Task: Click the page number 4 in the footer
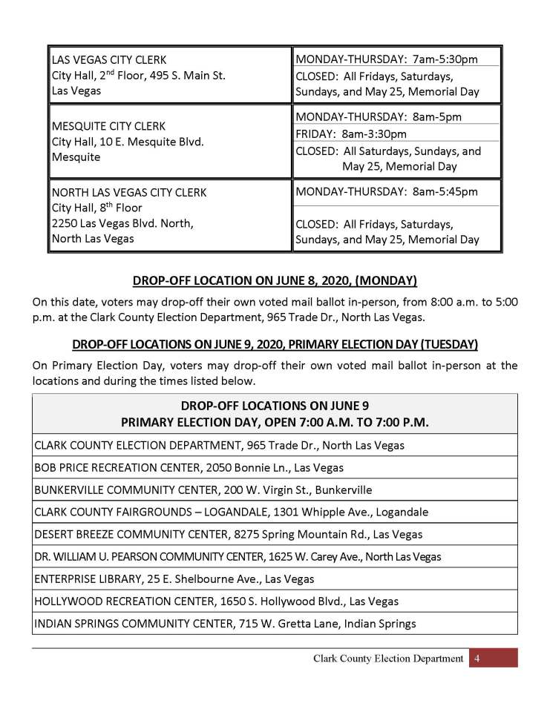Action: coord(477,659)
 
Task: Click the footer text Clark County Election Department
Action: coord(388,659)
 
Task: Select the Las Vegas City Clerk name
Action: coord(109,59)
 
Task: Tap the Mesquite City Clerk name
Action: coord(108,125)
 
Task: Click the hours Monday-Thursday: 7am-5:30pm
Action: coord(387,59)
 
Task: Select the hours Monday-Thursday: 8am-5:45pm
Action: coord(387,191)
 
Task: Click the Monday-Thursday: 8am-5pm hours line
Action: coord(379,117)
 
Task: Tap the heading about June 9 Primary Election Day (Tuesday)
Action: coord(275,345)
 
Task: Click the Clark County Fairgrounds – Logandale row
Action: coord(231,512)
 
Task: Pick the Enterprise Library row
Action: coord(174,578)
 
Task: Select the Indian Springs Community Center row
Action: coord(225,624)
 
